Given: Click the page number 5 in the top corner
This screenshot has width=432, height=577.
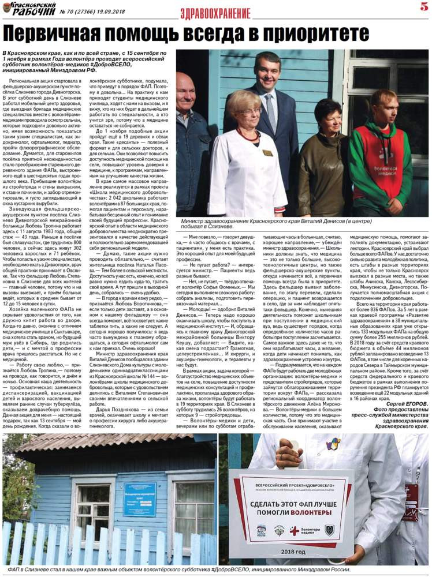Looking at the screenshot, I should coord(423,8).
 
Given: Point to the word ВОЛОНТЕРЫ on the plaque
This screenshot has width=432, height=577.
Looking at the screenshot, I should coord(316,512).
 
